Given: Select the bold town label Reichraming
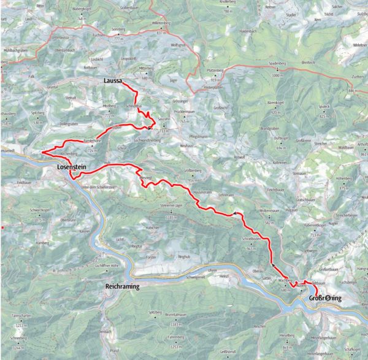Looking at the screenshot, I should click(x=122, y=286).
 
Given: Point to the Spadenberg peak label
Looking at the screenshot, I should click(x=277, y=63).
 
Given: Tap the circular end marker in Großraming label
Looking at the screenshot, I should click(x=329, y=298).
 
